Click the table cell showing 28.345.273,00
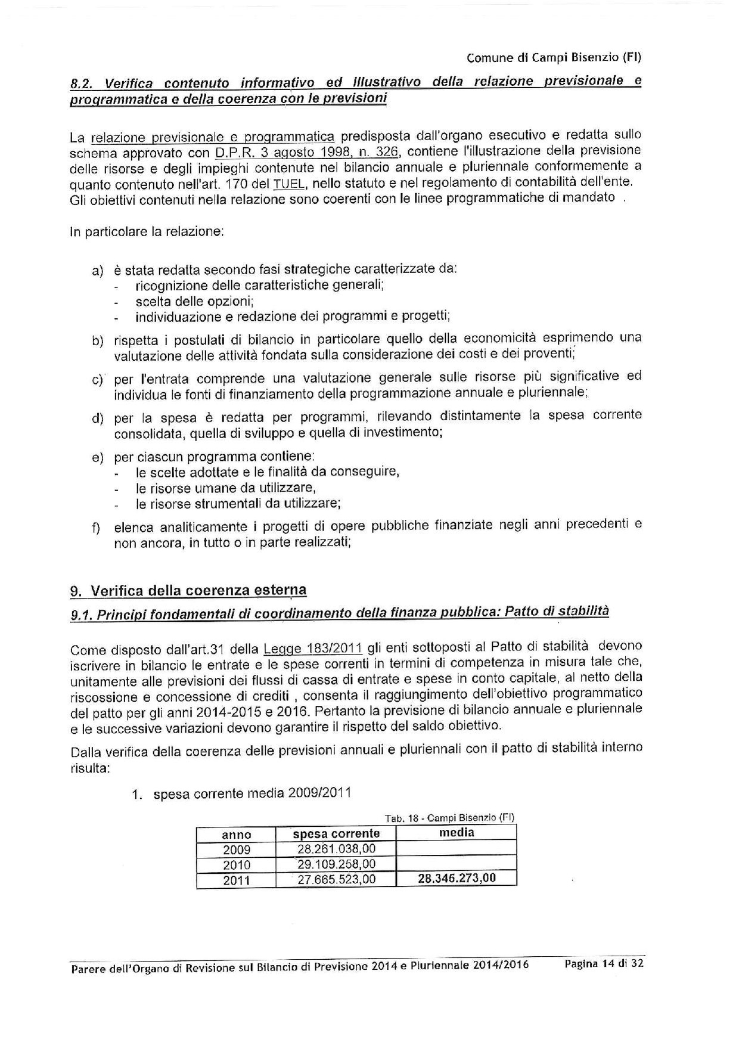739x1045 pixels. click(457, 878)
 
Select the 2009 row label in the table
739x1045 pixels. click(237, 849)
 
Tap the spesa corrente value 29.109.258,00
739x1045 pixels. click(336, 864)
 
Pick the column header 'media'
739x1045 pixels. click(457, 833)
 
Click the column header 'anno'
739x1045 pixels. click(237, 835)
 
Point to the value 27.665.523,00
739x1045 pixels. click(336, 879)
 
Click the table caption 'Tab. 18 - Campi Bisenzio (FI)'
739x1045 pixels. click(449, 818)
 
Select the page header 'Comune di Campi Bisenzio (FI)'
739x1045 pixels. click(554, 58)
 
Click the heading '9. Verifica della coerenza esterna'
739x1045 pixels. click(188, 591)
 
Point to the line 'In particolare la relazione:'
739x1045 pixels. click(147, 231)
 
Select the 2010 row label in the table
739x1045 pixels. click(237, 864)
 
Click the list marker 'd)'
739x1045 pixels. click(97, 417)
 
